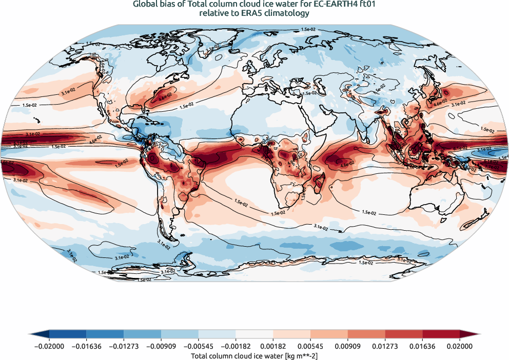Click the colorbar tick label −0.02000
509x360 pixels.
point(49,347)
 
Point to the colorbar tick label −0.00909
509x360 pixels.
point(161,347)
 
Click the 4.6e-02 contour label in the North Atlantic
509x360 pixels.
point(165,96)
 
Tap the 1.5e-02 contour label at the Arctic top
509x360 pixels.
point(308,30)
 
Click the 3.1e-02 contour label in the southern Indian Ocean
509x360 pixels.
point(322,225)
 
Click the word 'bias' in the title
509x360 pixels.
point(165,5)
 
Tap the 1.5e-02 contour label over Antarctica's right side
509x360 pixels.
point(365,263)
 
